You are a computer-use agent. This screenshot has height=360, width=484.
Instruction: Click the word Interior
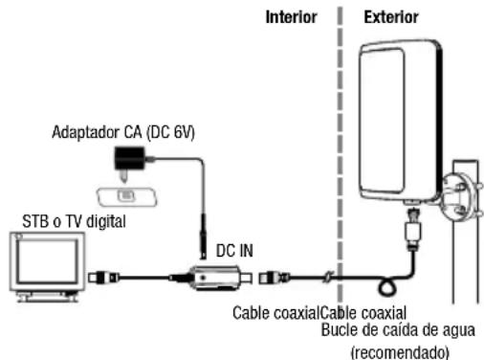click(292, 17)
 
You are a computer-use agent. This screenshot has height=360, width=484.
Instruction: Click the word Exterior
click(391, 17)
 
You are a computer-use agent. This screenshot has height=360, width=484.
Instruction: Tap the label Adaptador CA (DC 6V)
click(123, 132)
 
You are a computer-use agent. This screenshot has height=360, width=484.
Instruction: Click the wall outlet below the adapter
click(127, 196)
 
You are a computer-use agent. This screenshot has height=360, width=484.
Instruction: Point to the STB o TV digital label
click(74, 221)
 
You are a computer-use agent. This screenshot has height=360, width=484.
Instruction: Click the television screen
click(47, 261)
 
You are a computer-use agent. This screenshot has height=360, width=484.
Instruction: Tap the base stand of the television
click(48, 297)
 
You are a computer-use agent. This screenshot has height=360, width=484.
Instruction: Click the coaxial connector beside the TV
click(103, 278)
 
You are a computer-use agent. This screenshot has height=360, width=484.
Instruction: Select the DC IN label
click(234, 251)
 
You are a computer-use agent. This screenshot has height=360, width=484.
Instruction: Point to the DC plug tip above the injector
click(203, 255)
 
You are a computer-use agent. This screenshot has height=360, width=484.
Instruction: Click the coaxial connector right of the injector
click(275, 278)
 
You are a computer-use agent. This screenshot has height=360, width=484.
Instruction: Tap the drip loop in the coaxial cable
click(387, 287)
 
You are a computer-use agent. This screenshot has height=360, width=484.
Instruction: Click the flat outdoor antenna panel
click(400, 122)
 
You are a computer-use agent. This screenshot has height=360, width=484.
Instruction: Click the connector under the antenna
click(412, 227)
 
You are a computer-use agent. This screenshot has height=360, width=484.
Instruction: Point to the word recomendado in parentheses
click(401, 352)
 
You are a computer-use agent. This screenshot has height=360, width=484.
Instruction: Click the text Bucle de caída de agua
click(398, 329)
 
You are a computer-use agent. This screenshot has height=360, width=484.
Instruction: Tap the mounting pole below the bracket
click(466, 265)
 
